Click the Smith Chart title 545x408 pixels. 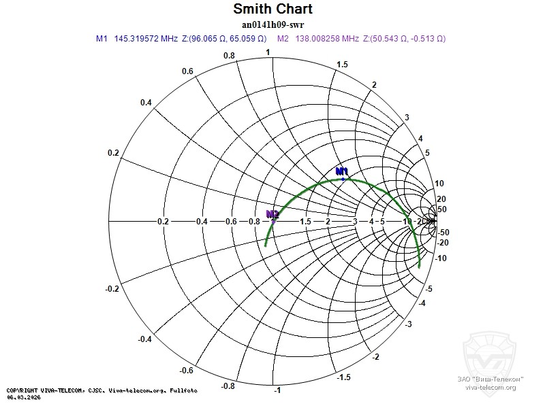click(272, 9)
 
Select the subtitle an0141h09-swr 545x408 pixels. click(272, 24)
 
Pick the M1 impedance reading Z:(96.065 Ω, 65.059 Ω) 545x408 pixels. click(225, 39)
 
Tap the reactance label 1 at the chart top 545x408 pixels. click(268, 52)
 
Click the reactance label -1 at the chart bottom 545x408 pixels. click(277, 392)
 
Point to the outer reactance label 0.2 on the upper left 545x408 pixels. click(113, 152)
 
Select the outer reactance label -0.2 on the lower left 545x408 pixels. click(112, 289)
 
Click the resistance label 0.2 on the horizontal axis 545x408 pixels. click(163, 222)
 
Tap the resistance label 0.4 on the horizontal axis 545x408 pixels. click(202, 222)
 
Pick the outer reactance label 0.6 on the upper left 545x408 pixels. click(187, 71)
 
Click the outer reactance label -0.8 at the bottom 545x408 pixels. click(229, 386)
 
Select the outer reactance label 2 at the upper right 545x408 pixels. click(374, 84)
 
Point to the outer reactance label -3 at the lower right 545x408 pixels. click(409, 325)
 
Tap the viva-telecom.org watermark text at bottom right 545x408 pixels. click(490, 387)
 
